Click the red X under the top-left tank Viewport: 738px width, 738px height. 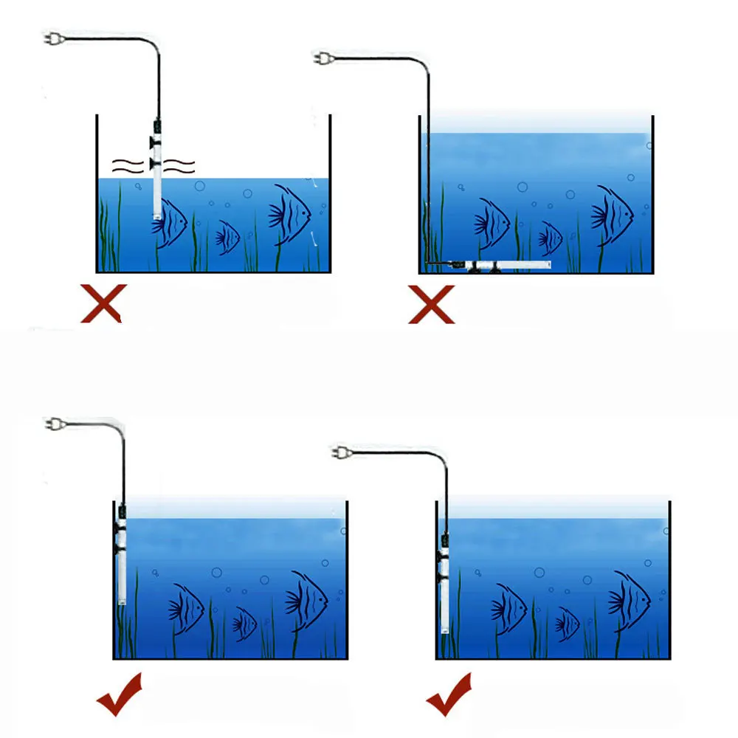[x=101, y=303]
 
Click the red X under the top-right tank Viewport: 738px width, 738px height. [x=432, y=303]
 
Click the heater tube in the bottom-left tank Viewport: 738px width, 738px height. [x=121, y=561]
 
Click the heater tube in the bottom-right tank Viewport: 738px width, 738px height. [x=445, y=583]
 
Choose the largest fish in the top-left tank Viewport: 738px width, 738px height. [x=290, y=214]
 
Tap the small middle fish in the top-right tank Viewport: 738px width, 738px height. [x=550, y=238]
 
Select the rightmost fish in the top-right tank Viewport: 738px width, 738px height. [x=612, y=215]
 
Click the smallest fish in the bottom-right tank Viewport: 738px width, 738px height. [x=567, y=624]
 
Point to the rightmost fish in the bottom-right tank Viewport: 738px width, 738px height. [x=629, y=600]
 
